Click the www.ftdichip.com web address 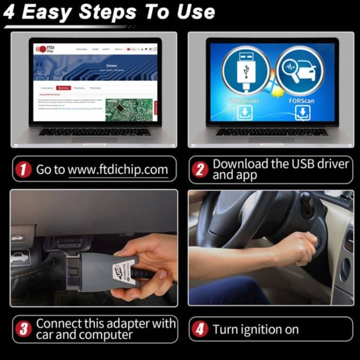point(118,170)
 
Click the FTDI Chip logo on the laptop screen point(43,49)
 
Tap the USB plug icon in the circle point(245,70)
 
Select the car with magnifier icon point(299,70)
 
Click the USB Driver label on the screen point(245,101)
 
